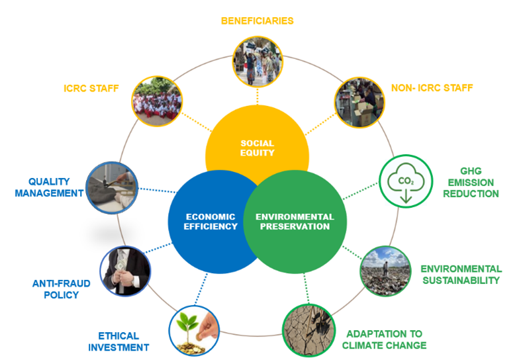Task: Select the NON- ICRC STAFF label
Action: click(432, 87)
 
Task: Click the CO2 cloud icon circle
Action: click(404, 181)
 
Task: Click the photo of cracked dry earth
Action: click(308, 328)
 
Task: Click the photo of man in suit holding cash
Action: click(126, 271)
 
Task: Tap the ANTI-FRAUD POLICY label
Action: click(61, 289)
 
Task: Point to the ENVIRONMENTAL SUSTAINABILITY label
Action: click(461, 275)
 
